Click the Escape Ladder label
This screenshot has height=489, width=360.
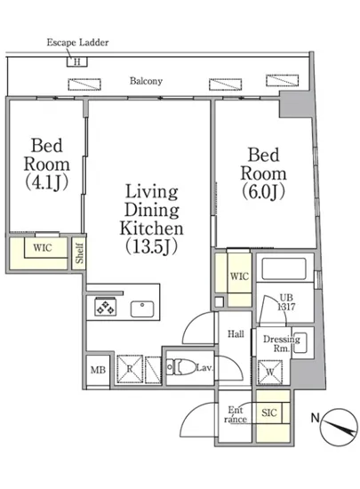77,43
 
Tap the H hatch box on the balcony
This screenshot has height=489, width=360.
77,61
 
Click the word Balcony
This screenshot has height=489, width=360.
146,81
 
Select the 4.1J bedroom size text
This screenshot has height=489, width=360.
46,182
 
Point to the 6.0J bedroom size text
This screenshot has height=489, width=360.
263,191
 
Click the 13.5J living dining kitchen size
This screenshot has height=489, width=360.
151,246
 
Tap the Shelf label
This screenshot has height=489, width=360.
79,253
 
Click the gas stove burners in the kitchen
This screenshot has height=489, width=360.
106,306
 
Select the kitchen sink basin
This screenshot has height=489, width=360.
142,309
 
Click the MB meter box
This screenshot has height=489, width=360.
98,370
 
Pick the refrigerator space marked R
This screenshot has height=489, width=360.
130,369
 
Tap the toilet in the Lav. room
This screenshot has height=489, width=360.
181,367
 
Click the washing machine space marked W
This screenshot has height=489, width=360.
270,372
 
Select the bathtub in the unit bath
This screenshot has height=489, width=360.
284,269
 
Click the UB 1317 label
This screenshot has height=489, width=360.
286,302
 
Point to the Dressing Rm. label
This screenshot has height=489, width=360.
282,344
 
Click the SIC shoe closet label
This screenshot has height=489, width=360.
269,413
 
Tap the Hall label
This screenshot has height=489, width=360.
236,334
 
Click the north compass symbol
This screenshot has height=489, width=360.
339,427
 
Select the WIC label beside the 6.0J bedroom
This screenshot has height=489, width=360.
239,277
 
